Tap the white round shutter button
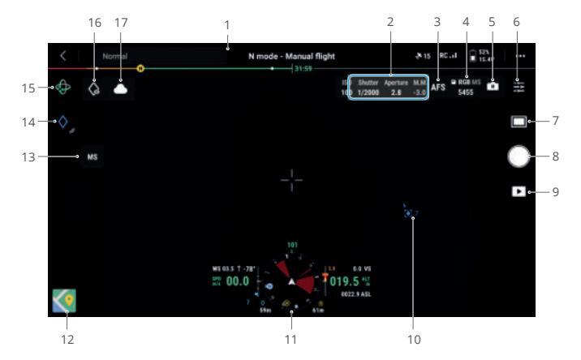[519, 156]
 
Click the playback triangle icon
[518, 193]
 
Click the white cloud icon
[122, 89]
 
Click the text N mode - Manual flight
[291, 57]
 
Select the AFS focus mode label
[438, 87]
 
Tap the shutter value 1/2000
[368, 93]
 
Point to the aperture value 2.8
[395, 93]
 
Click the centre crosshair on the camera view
[291, 180]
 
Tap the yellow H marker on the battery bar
[141, 69]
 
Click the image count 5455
[466, 93]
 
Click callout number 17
[122, 23]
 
